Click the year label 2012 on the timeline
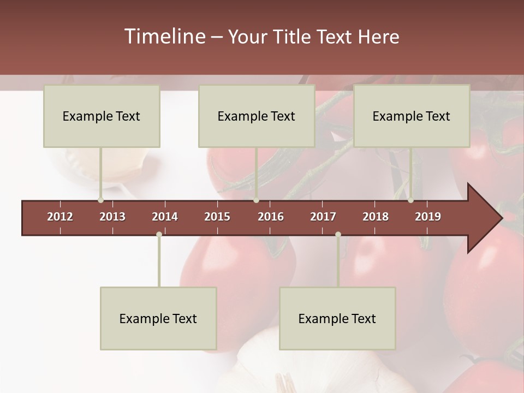60,217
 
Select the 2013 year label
112,217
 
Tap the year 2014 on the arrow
165,217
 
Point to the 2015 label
217,217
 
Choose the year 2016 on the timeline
271,217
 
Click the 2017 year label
323,217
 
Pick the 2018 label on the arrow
376,217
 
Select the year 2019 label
428,217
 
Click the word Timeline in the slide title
164,37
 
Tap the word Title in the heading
295,37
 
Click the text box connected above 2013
102,116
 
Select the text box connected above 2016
257,116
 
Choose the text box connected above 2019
412,116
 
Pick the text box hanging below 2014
158,318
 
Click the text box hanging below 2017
337,318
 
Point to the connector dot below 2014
159,234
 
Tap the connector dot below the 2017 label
338,234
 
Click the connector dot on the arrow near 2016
256,200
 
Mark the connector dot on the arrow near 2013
100,200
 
